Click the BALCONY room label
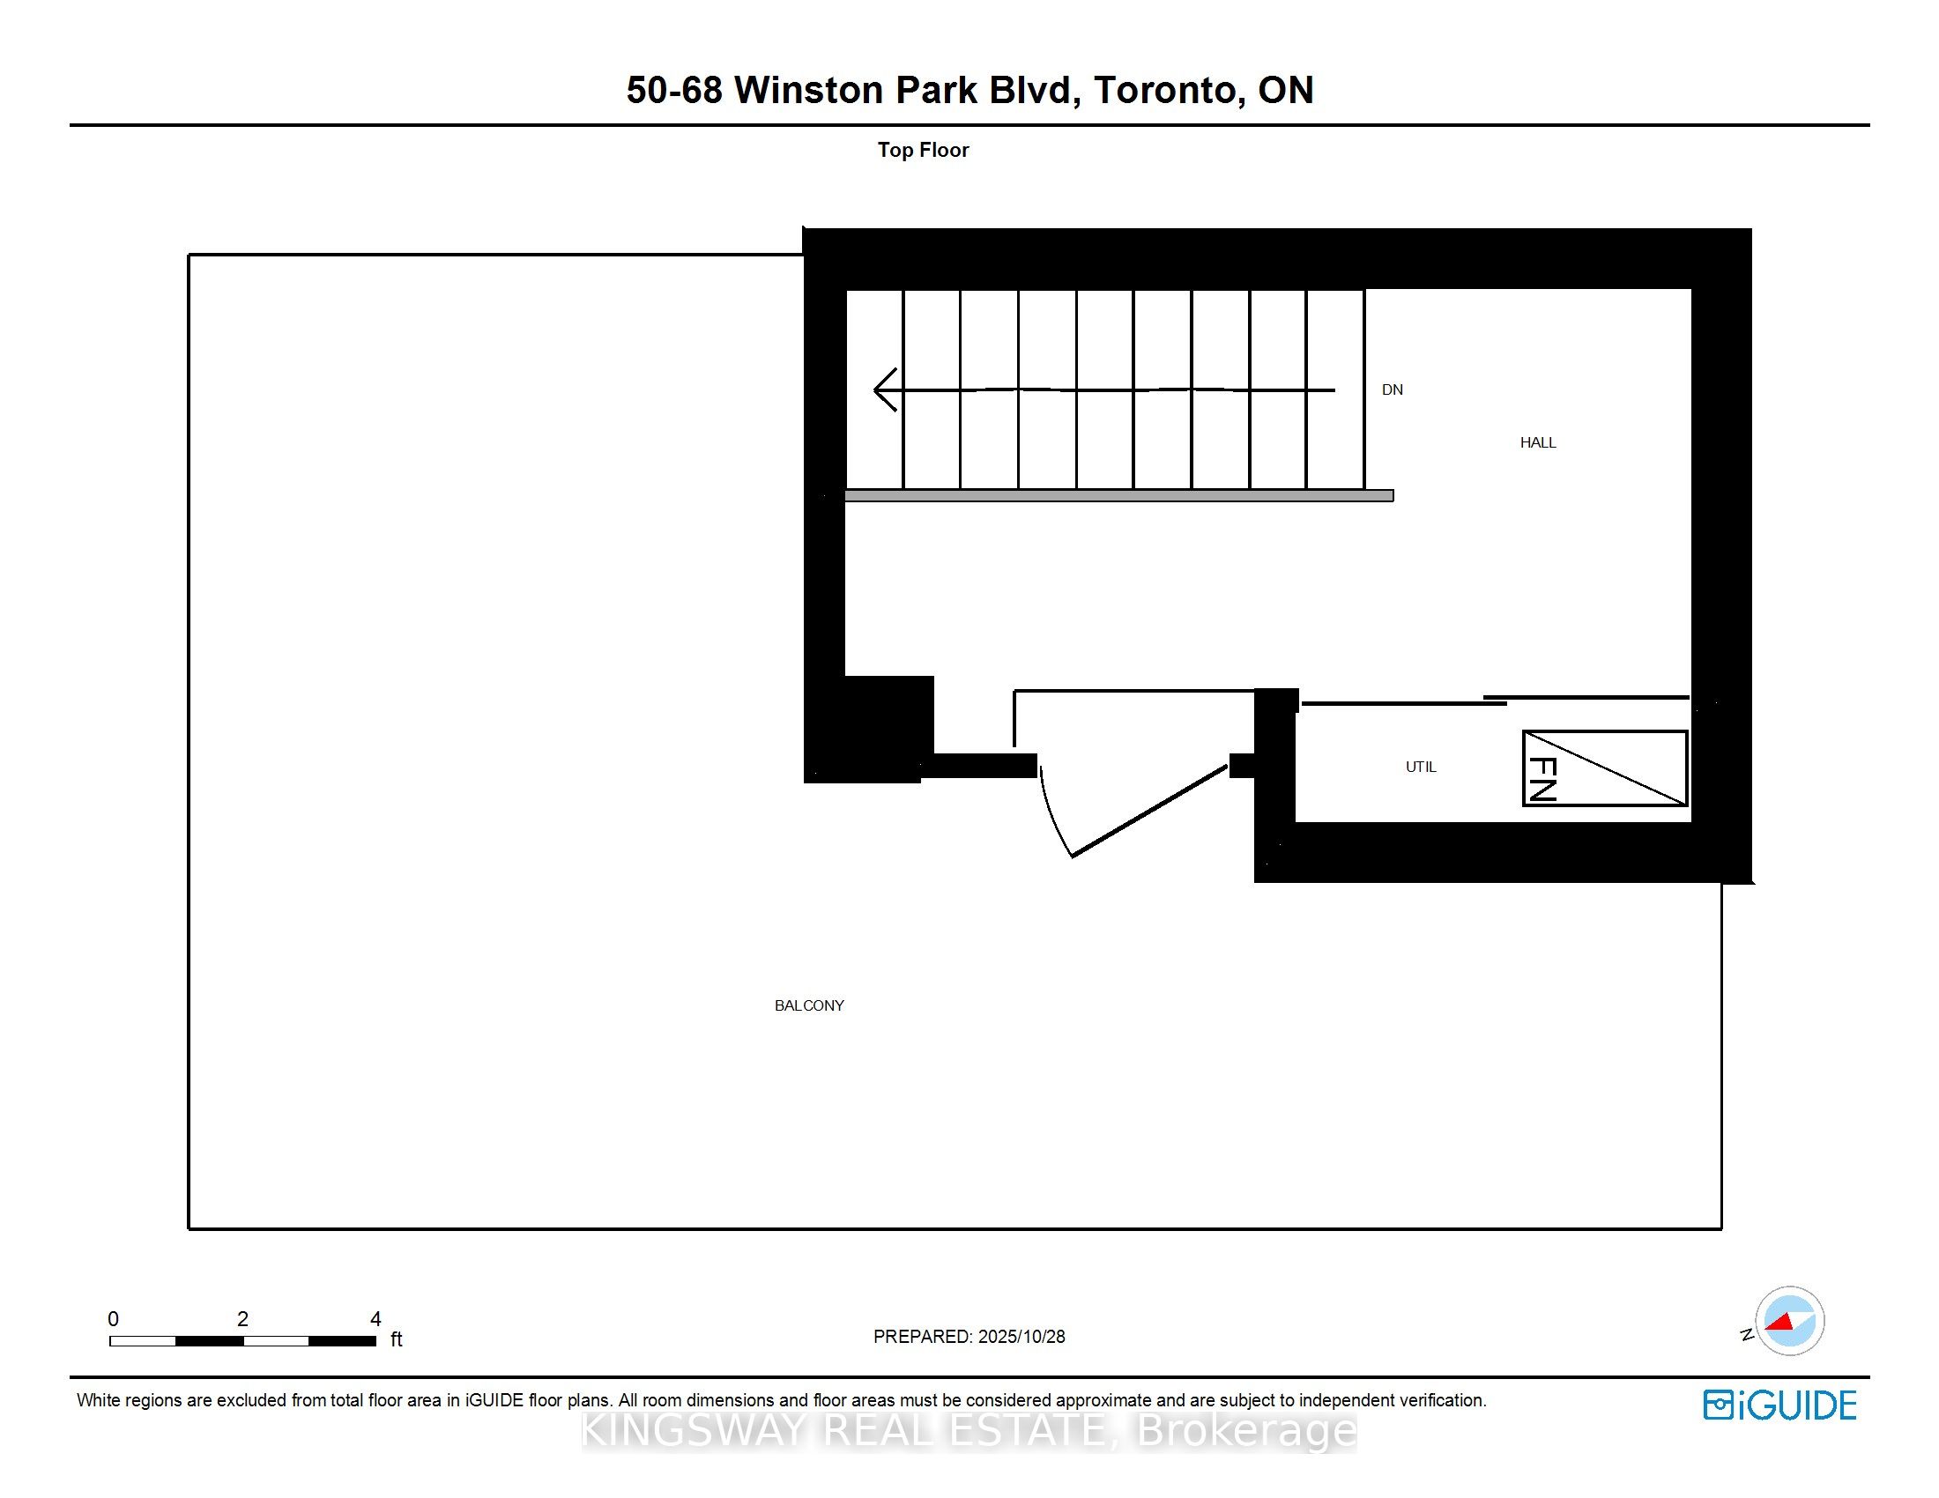809,1005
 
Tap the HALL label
1538,443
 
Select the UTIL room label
1421,767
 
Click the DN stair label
1392,389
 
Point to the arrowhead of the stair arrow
882,389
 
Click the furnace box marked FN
1604,768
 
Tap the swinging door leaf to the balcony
1149,812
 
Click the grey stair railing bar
1118,496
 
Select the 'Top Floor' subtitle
924,150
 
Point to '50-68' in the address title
675,91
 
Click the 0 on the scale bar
113,1319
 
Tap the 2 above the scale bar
242,1319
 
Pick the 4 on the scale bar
375,1319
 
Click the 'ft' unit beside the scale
396,1339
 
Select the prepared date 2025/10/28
1021,1337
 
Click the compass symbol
1789,1322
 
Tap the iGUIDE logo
1779,1405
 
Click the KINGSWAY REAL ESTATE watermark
969,1430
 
